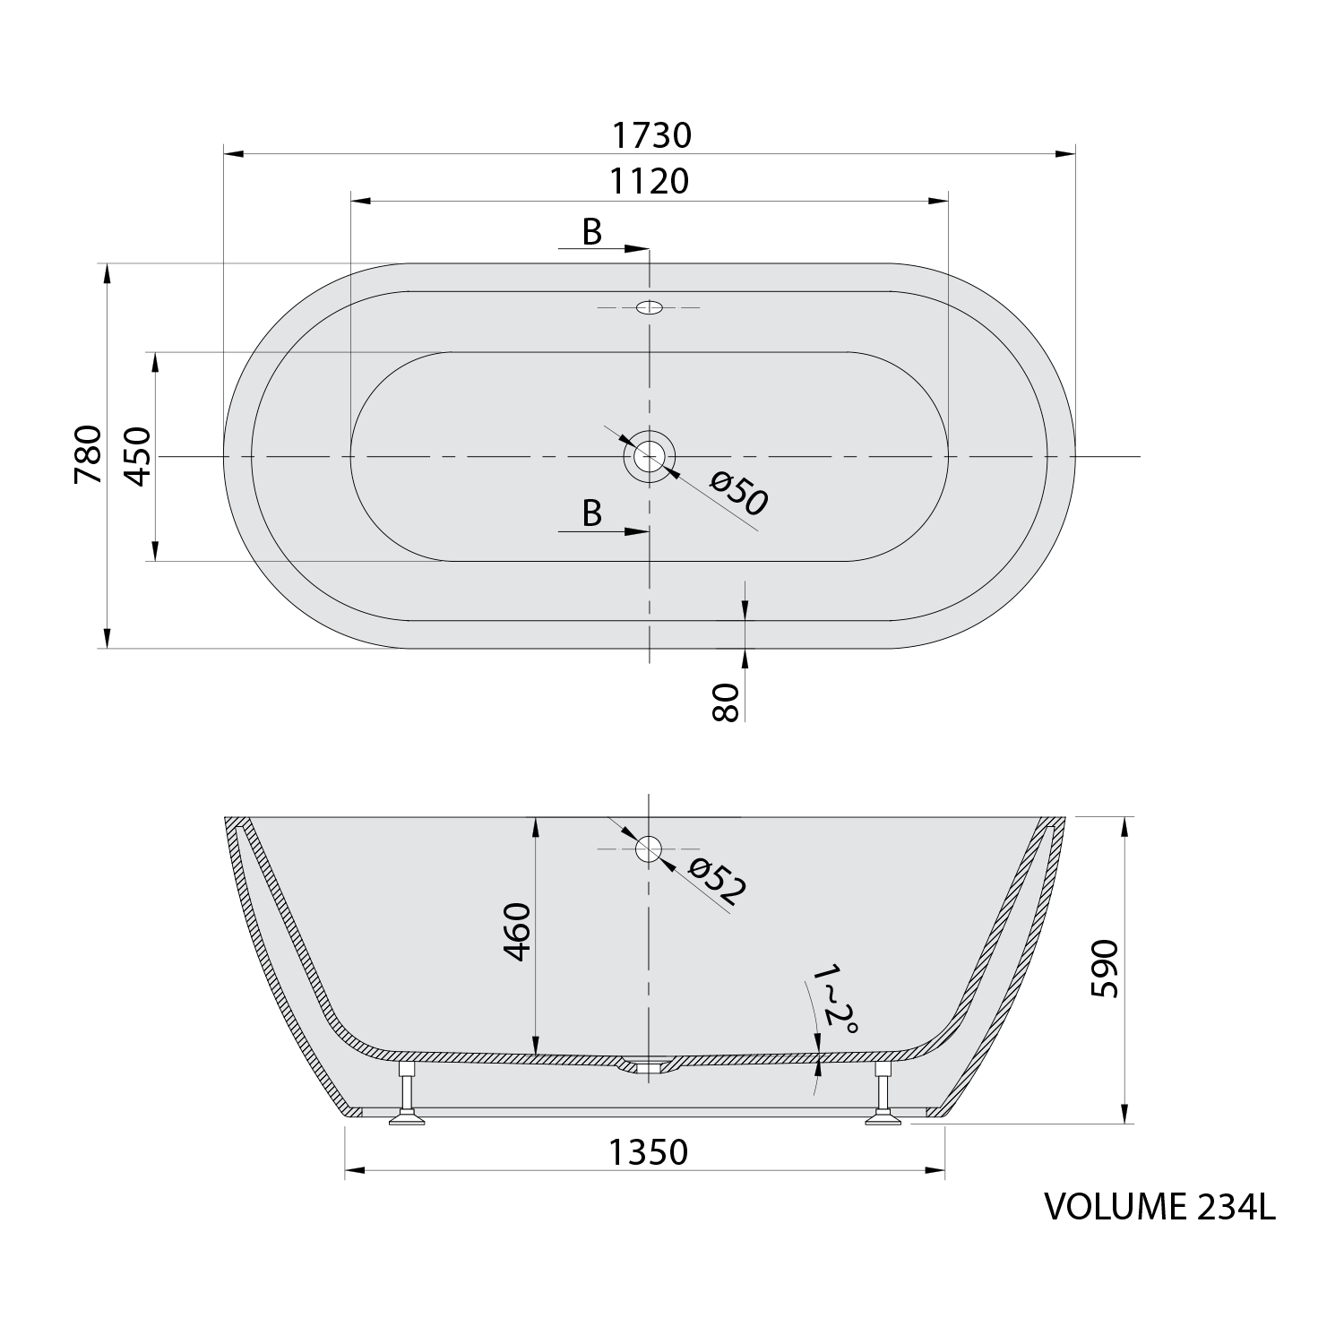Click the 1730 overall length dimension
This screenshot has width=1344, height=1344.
tap(651, 135)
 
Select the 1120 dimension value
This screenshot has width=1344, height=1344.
tap(650, 182)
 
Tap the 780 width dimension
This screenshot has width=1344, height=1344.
tap(89, 454)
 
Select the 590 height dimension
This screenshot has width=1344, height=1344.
tap(1104, 969)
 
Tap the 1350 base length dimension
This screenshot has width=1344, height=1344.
tap(649, 1151)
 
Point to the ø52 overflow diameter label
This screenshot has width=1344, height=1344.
tap(717, 882)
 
